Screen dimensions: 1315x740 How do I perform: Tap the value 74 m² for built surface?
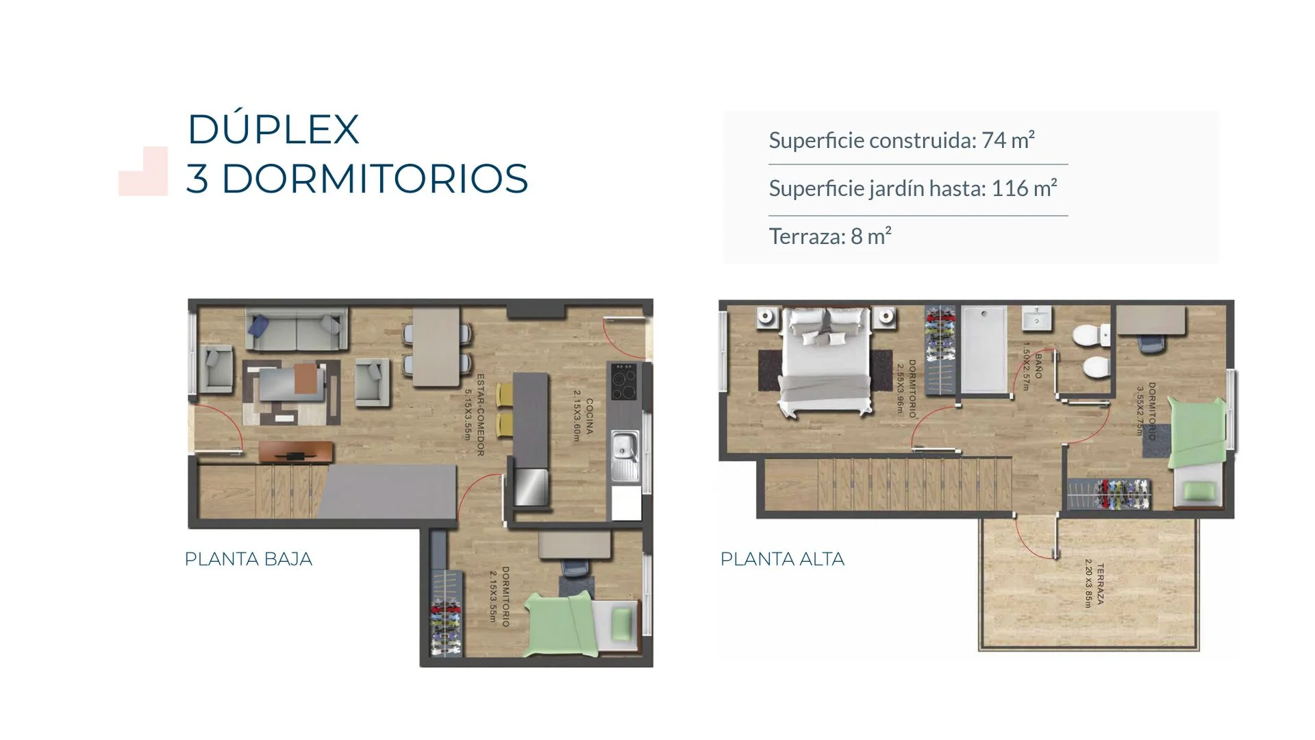[x=1007, y=140]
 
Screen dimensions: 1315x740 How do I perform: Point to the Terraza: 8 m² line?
[x=830, y=236]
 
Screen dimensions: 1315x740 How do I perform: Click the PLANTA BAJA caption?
[x=249, y=559]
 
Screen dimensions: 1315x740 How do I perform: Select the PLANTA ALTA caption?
[x=782, y=559]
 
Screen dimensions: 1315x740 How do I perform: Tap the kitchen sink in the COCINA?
[x=625, y=455]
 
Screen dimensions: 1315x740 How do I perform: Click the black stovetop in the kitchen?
[x=623, y=382]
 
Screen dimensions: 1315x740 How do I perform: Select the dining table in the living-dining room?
[x=436, y=347]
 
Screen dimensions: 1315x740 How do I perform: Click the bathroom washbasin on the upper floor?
[x=1037, y=318]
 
